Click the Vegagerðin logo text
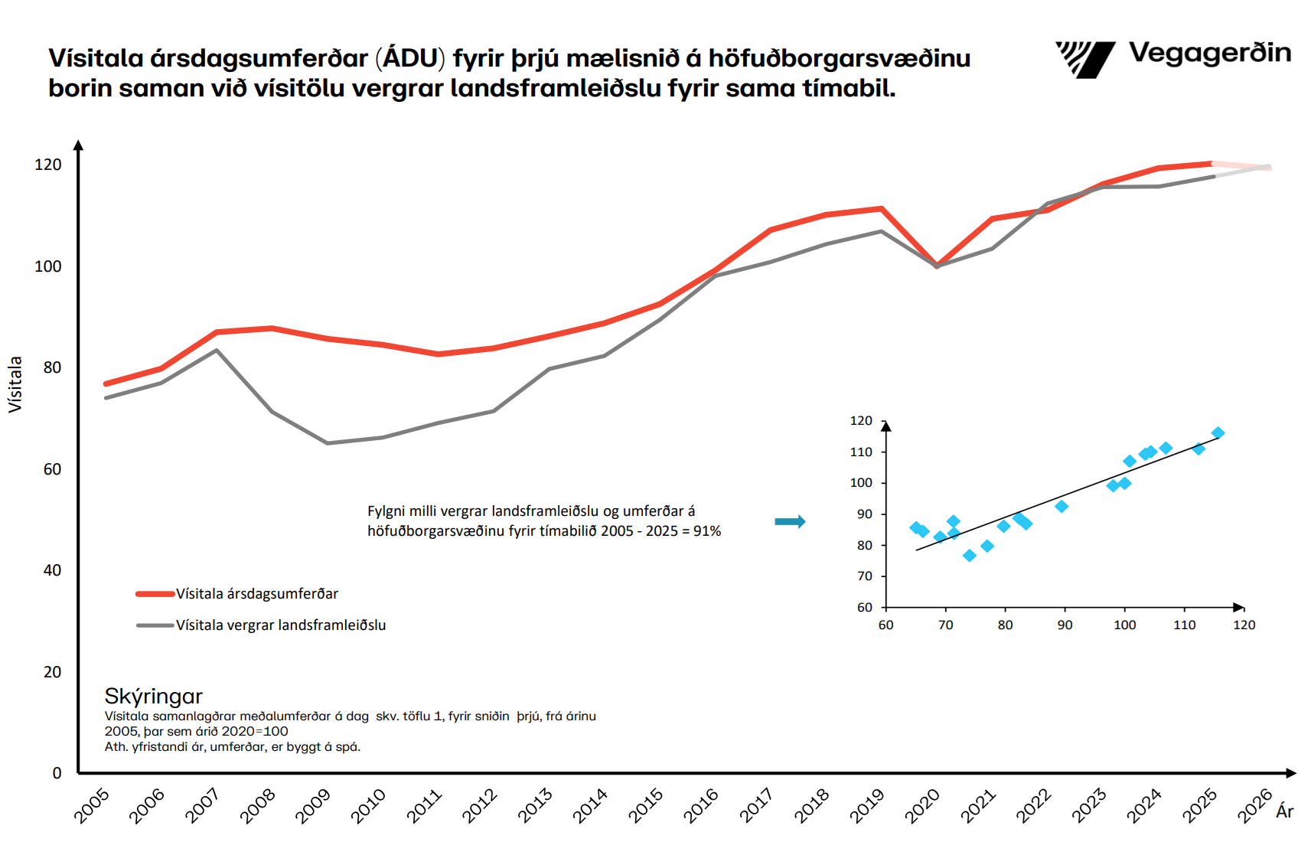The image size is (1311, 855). pos(1209,54)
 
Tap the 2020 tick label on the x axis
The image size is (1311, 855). pos(922,806)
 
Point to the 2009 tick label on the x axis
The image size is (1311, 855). pos(312,806)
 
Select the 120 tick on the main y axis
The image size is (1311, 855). pos(48,165)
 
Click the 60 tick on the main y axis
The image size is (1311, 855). pos(52,469)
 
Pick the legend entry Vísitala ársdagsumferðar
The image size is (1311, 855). pos(256,594)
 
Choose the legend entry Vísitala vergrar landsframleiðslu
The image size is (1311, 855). pos(280,625)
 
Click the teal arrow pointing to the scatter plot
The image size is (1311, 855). pos(790,522)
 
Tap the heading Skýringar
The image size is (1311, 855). pos(153,696)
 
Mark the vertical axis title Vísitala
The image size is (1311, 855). pos(15,384)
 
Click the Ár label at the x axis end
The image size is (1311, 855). pos(1284,811)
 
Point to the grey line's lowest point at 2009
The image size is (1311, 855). pos(328,443)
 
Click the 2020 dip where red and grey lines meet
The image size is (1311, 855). pos(937,266)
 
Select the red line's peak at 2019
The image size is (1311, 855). pos(882,208)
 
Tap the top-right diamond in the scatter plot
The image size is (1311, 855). pos(1218,433)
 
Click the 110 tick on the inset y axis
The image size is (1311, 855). pos(861,452)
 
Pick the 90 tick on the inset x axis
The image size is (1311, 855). pos(1065,625)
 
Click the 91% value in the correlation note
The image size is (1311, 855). pos(707,531)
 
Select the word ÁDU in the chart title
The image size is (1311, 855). pos(410,58)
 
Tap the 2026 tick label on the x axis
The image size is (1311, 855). pos(1255,806)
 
